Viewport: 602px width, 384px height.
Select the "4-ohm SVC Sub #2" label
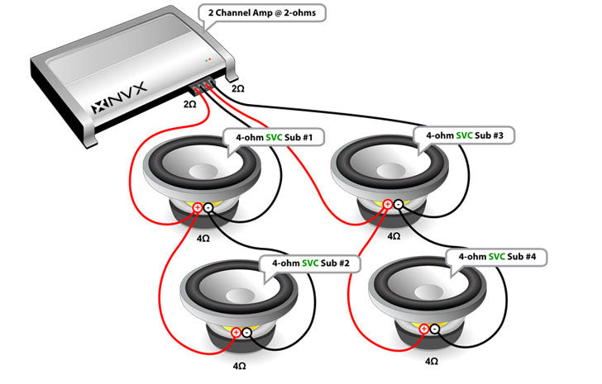point(309,263)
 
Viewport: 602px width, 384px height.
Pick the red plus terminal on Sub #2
point(236,333)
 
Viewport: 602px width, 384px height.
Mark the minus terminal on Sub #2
point(246,333)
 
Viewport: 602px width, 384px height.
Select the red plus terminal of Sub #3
point(387,204)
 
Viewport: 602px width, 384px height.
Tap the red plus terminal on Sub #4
point(425,329)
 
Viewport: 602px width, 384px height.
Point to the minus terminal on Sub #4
point(436,329)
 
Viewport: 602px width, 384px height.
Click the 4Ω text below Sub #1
point(203,238)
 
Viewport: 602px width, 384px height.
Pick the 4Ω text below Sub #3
point(394,235)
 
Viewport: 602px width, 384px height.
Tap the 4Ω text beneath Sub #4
point(431,361)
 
